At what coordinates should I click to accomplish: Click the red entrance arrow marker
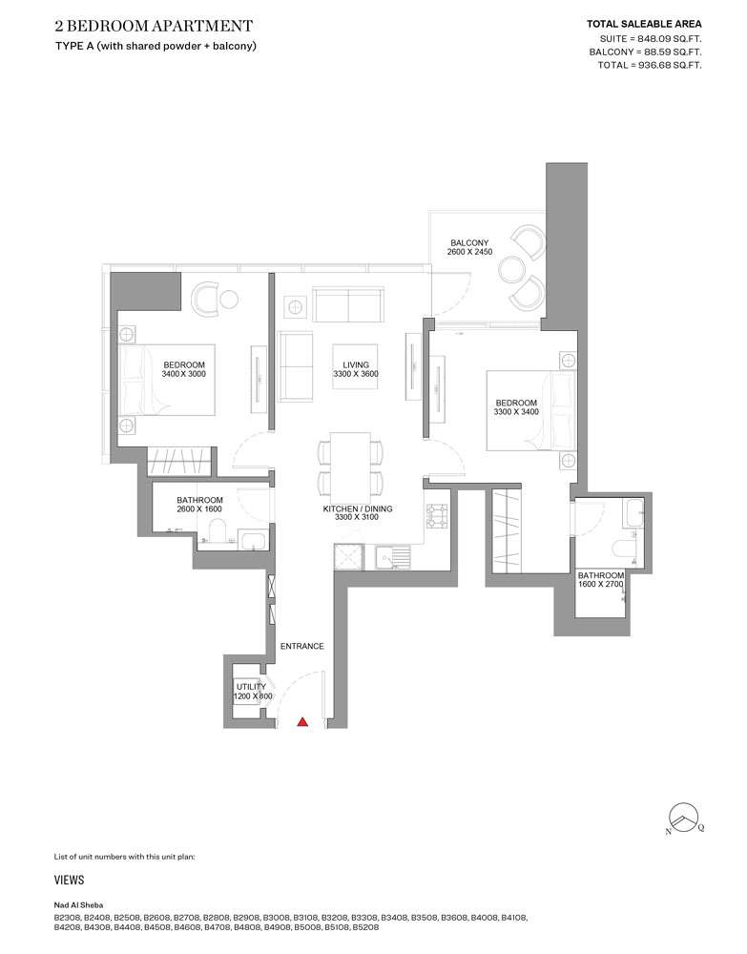coord(302,722)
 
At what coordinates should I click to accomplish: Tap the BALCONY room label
coord(469,243)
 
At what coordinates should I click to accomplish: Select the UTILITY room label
coord(251,686)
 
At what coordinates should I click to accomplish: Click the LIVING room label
coord(356,363)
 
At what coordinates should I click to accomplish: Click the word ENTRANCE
coord(301,647)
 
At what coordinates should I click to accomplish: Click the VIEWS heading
coord(70,881)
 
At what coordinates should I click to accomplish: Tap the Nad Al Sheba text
coord(79,904)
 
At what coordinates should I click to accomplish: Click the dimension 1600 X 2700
coord(601,586)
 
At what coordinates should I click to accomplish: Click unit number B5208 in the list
coord(366,927)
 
